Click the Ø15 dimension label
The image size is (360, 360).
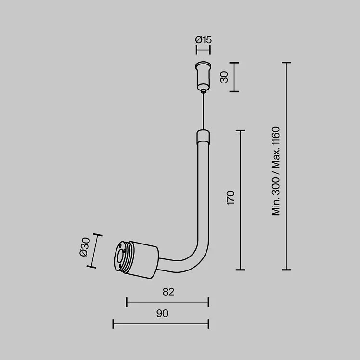click(203, 40)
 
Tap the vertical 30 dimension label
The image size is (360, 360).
click(224, 77)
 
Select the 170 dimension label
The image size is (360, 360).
click(231, 198)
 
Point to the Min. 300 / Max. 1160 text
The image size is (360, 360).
click(276, 171)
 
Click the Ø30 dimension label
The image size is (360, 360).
click(84, 247)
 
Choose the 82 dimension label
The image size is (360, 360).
click(168, 292)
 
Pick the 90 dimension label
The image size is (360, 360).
click(162, 313)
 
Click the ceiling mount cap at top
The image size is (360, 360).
click(203, 76)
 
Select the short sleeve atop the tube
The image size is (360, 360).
click(203, 137)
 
